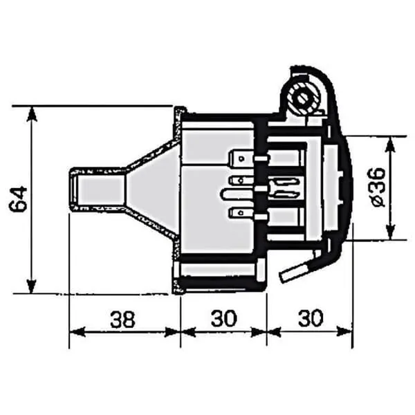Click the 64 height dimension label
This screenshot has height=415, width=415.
[18, 199]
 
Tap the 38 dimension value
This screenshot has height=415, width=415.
[122, 319]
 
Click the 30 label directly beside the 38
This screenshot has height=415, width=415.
[223, 318]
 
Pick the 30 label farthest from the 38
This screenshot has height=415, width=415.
[311, 318]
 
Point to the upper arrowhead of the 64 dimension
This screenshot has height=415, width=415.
[32, 114]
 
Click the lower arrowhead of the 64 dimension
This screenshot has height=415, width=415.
[32, 286]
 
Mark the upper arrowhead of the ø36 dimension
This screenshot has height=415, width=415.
[390, 145]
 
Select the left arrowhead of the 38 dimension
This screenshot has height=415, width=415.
[77, 332]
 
